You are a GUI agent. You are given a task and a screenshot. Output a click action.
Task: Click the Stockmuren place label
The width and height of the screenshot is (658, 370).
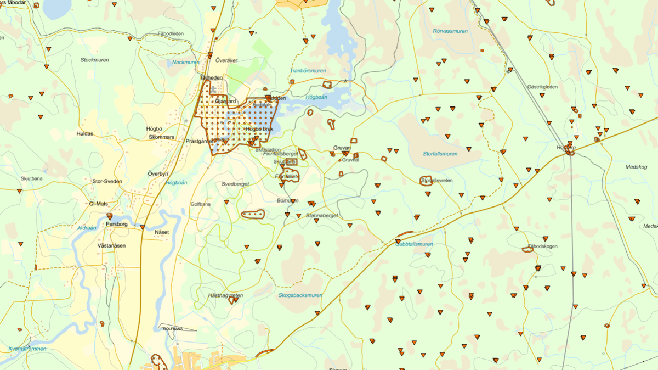click(x=95, y=60)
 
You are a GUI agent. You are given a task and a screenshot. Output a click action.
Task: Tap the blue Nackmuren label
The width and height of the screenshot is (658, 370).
click(x=185, y=63)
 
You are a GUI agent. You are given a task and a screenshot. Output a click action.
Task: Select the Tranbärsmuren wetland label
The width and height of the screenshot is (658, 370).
click(x=308, y=71)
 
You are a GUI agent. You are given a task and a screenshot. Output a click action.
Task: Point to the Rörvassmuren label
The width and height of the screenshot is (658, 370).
click(x=450, y=31)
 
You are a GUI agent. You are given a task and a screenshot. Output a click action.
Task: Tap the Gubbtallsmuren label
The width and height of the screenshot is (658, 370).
click(x=415, y=244)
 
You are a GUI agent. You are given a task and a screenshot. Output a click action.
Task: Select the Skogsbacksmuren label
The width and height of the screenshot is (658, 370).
click(x=300, y=295)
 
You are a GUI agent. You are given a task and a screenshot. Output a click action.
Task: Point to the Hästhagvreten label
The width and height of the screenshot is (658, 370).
click(x=225, y=295)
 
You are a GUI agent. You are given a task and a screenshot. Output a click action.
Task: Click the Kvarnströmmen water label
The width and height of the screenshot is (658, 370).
click(x=27, y=349)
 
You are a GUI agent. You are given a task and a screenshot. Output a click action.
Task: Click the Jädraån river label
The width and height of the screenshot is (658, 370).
click(x=87, y=227)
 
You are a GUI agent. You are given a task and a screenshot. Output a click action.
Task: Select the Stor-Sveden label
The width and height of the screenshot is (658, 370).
click(x=107, y=181)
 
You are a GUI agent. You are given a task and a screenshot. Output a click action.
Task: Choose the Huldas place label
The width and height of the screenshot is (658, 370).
click(x=85, y=133)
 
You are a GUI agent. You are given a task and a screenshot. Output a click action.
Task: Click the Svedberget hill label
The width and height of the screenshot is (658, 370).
click(x=235, y=184)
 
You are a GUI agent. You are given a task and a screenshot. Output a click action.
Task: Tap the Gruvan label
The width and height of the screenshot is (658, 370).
click(x=342, y=148)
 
